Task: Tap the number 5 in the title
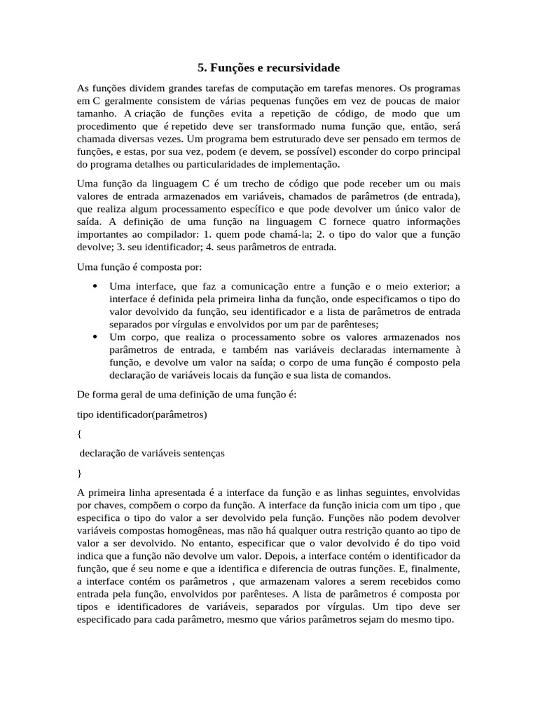[202, 68]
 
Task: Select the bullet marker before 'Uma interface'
[95, 286]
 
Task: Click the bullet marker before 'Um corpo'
[95, 337]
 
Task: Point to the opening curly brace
[79, 434]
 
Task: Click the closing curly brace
[79, 473]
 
